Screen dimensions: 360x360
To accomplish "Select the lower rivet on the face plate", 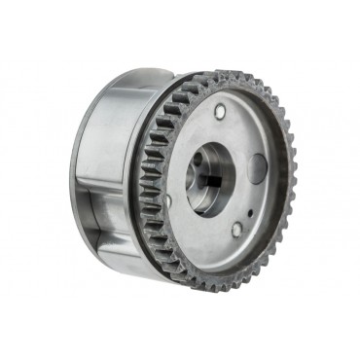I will pos(237,230).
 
